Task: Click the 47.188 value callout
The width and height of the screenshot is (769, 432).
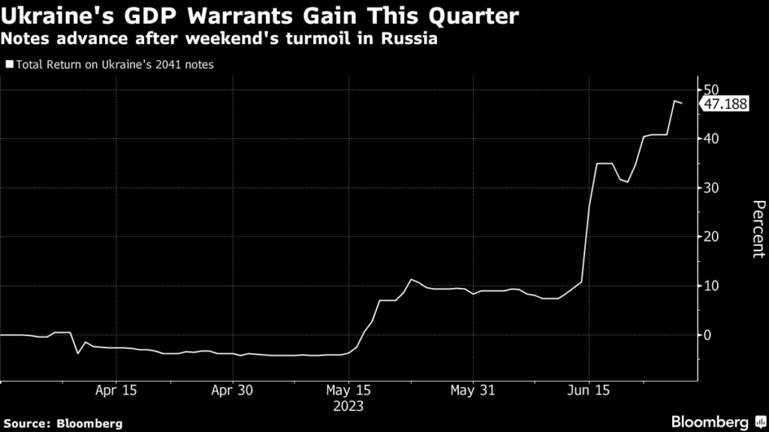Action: coord(725,105)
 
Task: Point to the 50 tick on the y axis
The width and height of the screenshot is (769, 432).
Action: coord(711,90)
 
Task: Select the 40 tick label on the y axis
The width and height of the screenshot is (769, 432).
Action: coord(711,139)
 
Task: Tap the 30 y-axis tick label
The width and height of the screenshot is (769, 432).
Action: coord(711,188)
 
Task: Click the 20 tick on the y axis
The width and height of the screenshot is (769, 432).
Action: coord(711,237)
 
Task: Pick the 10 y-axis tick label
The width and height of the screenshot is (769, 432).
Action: coord(711,286)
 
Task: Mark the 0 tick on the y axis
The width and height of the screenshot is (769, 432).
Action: coord(707,335)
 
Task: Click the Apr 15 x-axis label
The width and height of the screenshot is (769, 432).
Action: coord(116,391)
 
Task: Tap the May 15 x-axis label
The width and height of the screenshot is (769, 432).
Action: coord(350,391)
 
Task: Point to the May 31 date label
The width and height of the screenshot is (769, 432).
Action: coord(472,391)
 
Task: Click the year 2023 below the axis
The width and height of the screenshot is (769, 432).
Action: coord(350,406)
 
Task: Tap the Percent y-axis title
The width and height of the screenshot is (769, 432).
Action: coord(758,229)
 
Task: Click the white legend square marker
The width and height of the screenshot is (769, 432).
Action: coord(8,64)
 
